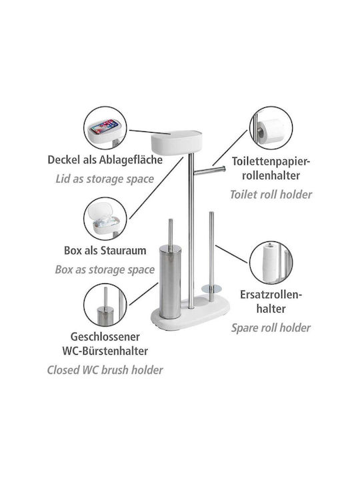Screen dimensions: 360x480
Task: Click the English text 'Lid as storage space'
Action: pos(105,179)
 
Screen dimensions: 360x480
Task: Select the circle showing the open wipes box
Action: pos(105,218)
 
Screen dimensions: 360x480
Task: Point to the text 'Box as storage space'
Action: pos(105,270)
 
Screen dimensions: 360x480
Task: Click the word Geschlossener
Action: pos(105,337)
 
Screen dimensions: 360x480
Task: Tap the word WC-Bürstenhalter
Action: pos(105,351)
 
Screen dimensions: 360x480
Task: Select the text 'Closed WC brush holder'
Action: pos(105,370)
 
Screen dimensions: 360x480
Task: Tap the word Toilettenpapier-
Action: pos(271,161)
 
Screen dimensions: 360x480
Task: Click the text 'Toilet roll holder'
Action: pos(271,195)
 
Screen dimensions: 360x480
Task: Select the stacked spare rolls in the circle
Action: pos(269,262)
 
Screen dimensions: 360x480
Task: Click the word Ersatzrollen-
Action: pos(271,295)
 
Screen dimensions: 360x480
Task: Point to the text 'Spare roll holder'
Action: pos(271,328)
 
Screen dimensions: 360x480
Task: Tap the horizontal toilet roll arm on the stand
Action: pos(210,170)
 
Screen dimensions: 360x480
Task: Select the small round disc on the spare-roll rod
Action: pos(211,289)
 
